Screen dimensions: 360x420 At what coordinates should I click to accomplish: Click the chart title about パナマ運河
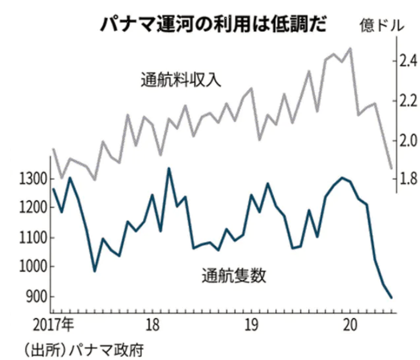pos(213,25)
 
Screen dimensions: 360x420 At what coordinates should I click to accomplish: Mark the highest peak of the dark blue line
pos(169,168)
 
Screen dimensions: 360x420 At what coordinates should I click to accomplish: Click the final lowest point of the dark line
pos(392,297)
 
